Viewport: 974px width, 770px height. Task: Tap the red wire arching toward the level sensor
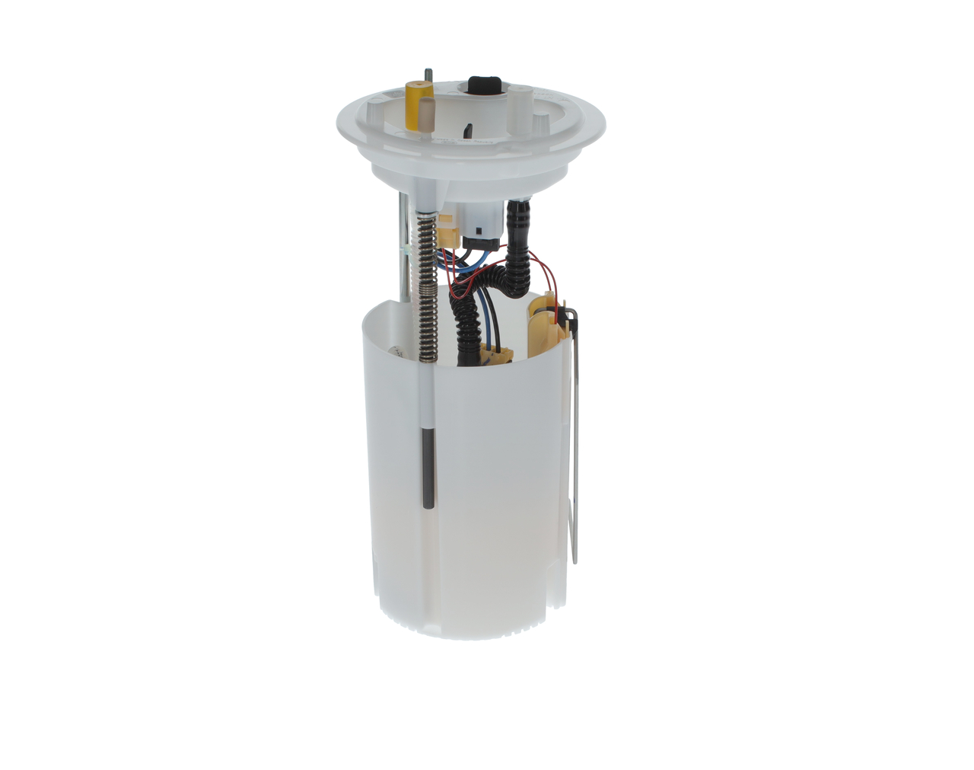(545, 265)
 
